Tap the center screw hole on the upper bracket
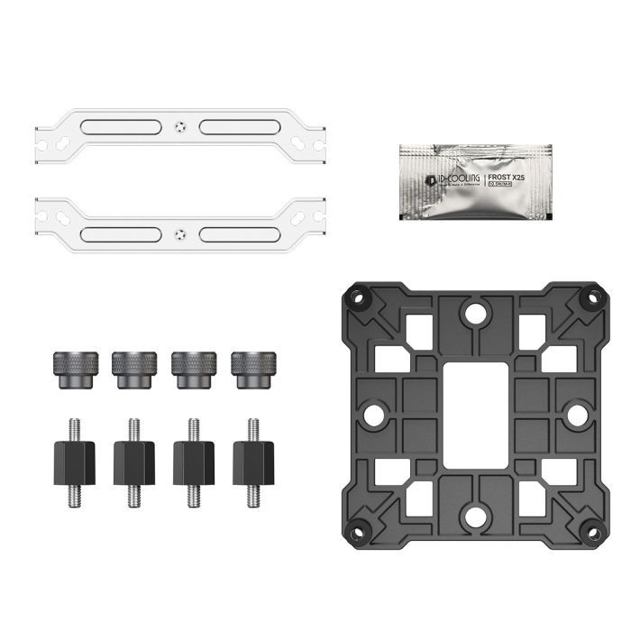(181, 126)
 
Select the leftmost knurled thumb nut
(75, 370)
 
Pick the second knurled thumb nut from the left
(134, 370)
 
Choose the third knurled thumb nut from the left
(194, 370)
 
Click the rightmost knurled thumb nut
(252, 370)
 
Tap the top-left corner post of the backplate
(358, 297)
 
